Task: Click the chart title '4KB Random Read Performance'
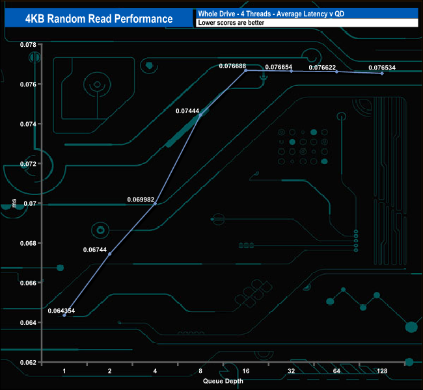point(99,18)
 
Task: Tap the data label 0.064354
point(61,311)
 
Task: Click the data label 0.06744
point(95,249)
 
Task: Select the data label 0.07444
point(187,111)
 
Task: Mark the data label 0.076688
point(232,66)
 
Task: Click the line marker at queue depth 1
point(64,315)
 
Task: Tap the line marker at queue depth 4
point(155,203)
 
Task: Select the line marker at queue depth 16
point(246,70)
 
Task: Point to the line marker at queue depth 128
point(382,73)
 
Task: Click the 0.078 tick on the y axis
point(27,44)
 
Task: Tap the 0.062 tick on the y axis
point(27,362)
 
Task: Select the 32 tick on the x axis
point(292,371)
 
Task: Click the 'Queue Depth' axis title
point(223,380)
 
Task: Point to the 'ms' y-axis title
point(14,204)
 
